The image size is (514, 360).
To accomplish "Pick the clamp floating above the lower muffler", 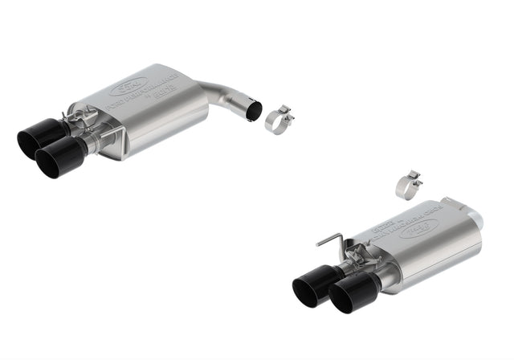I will coord(410,182).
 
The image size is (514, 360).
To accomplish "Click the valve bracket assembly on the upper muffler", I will coord(89,129).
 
